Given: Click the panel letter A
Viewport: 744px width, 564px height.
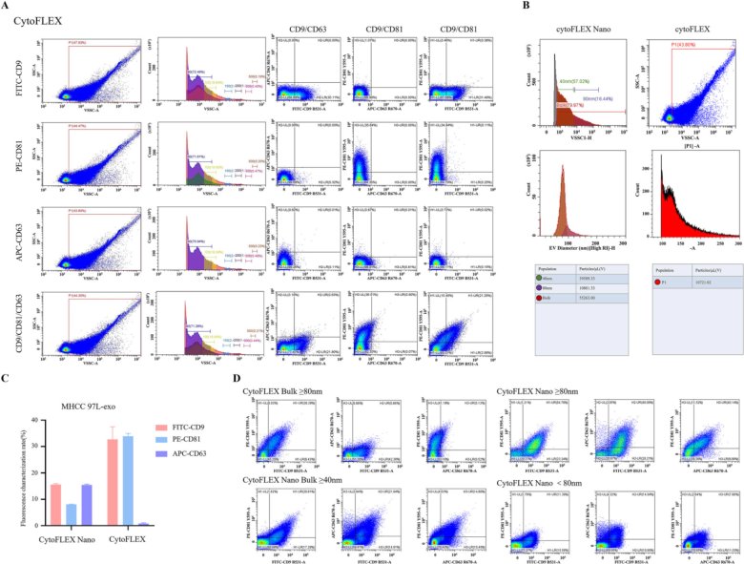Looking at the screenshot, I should point(5,7).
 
